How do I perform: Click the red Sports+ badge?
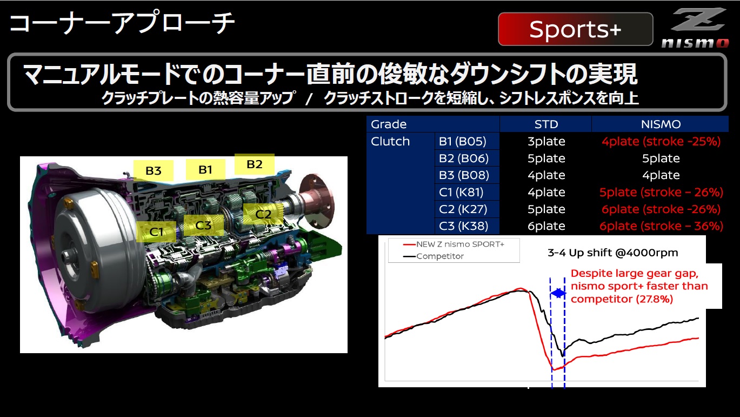click(575, 30)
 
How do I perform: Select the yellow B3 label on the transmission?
click(154, 171)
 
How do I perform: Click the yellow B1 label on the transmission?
click(205, 169)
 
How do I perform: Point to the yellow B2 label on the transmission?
click(254, 164)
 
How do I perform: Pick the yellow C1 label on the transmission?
click(156, 231)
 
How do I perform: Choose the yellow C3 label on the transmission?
click(203, 225)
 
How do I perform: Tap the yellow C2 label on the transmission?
click(263, 214)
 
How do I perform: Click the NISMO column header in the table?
click(661, 124)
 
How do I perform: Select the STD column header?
click(545, 124)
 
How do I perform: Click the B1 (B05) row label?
click(462, 142)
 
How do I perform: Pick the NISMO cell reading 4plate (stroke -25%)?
click(661, 142)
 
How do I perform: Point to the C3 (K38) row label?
click(462, 226)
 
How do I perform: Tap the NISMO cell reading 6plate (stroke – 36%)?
click(661, 226)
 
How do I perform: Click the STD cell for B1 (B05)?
click(546, 142)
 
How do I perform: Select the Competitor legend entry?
click(439, 256)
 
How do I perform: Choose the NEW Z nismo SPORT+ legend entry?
click(459, 244)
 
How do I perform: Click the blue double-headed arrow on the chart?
click(558, 293)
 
